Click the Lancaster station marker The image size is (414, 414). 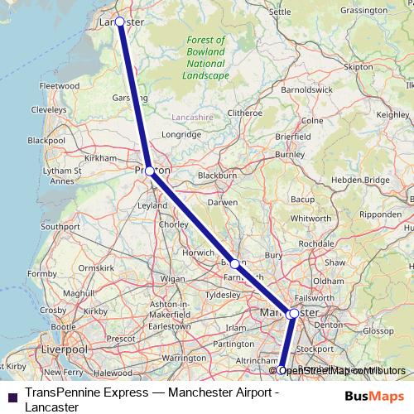pyautogui.click(x=120, y=22)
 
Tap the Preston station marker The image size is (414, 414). pyautogui.click(x=149, y=171)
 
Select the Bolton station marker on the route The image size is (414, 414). pyautogui.click(x=235, y=264)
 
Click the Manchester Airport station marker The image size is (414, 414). pyautogui.click(x=282, y=370)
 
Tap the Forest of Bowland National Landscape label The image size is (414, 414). pyautogui.click(x=207, y=57)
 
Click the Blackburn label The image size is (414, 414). pyautogui.click(x=218, y=176)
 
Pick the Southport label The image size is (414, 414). pyautogui.click(x=60, y=226)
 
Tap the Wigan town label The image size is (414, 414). pyautogui.click(x=172, y=279)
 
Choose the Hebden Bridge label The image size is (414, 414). pyautogui.click(x=366, y=180)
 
